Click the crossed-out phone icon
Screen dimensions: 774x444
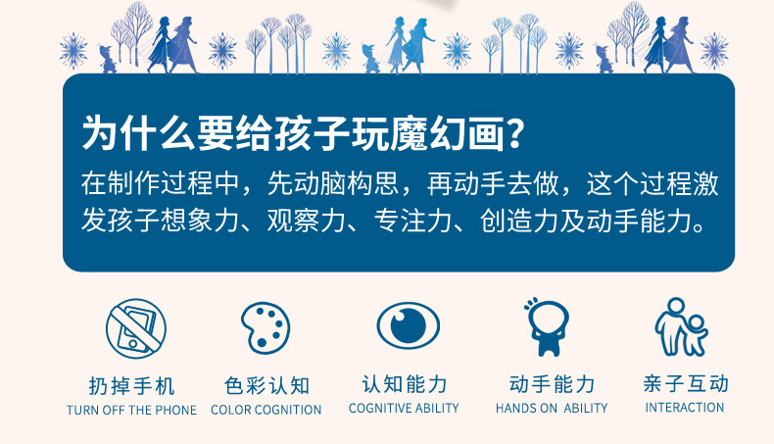pos(136,328)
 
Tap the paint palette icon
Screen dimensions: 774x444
pos(266,327)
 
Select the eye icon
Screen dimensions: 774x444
pos(408,326)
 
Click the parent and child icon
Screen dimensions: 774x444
pos(682,326)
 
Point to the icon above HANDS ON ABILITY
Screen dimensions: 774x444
pos(547,326)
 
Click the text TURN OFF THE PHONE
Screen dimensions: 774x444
pos(132,410)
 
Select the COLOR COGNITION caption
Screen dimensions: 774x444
pos(266,410)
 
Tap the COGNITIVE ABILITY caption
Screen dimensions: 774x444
pos(404,408)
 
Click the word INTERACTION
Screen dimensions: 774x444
pos(685,408)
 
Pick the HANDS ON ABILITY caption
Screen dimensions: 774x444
pos(552,408)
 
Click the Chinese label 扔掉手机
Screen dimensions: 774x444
pos(132,386)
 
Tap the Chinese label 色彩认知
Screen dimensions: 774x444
pos(266,385)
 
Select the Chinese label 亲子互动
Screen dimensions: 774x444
pos(686,384)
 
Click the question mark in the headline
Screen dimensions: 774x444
pos(514,133)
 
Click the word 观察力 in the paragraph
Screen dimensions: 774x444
pos(307,220)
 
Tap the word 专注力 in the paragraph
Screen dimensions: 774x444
pos(413,220)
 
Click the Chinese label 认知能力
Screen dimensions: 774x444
pos(405,384)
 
